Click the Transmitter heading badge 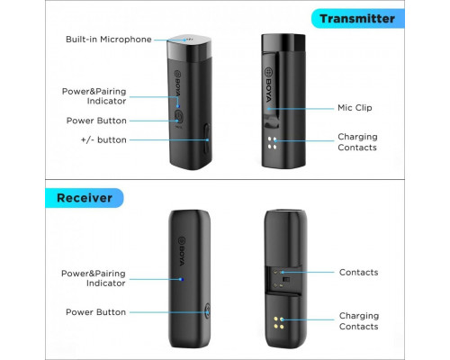coord(358,19)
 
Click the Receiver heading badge coord(85,198)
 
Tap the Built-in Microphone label coord(109,40)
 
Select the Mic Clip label coord(355,108)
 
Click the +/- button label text coord(103,139)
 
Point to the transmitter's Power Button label coord(96,121)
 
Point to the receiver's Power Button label coord(95,312)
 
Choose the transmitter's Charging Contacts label coord(357,142)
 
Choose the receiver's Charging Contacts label coord(359,321)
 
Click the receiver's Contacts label coord(358,272)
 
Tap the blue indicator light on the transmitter coord(178,106)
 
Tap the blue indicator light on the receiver coord(181,279)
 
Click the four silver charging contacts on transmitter coord(272,143)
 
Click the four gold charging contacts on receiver coord(279,322)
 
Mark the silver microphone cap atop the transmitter coord(189,49)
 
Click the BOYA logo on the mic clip coord(268,85)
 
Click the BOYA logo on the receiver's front coord(182,251)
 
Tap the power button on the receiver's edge coord(207,311)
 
